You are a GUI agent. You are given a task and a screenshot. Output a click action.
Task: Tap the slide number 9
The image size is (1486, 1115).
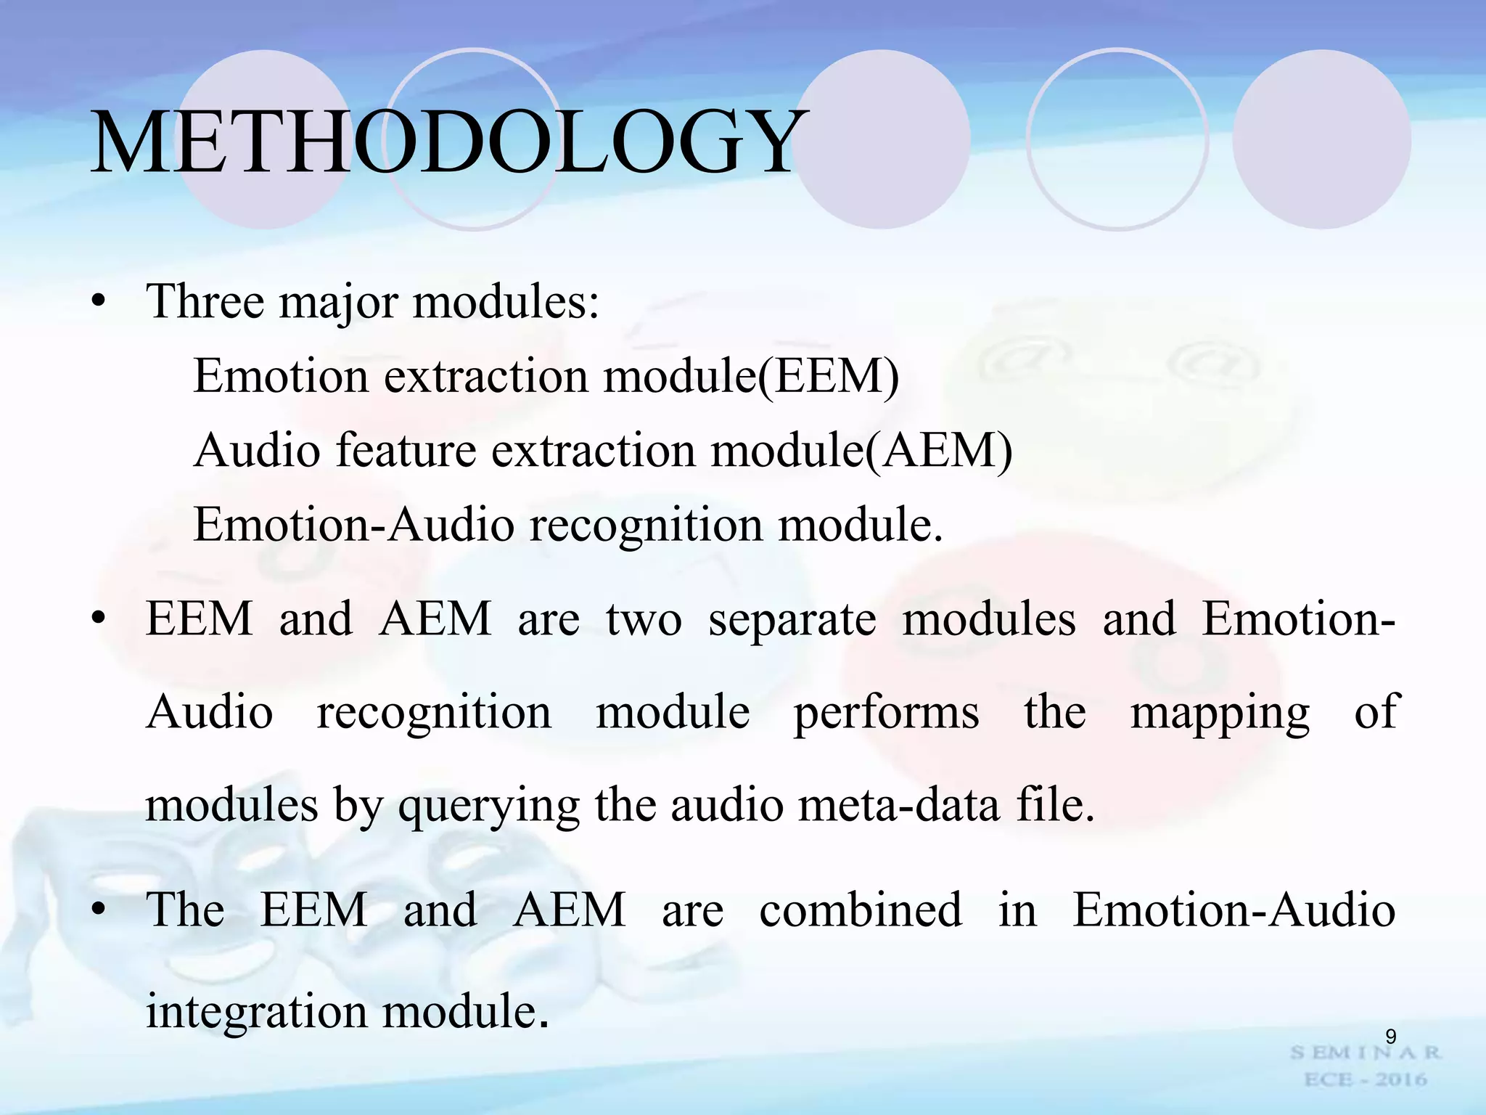point(1390,1037)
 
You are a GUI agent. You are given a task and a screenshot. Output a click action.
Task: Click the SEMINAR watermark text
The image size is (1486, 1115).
point(1366,1053)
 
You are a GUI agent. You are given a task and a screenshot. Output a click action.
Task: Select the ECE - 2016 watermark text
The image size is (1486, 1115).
point(1366,1080)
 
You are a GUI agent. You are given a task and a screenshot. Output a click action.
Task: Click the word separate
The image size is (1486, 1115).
point(792,620)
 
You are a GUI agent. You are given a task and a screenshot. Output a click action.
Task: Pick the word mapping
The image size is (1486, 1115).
point(1220,713)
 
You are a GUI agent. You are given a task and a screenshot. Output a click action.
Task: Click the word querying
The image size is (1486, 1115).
point(489,806)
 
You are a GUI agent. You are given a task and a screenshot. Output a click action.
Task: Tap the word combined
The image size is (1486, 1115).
point(861,910)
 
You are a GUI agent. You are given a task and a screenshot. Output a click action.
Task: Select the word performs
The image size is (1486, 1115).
point(887,713)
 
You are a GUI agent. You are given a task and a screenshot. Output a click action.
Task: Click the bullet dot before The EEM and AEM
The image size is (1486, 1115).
point(99,910)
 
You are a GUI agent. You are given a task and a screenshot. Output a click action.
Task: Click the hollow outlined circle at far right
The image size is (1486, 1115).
point(1117,139)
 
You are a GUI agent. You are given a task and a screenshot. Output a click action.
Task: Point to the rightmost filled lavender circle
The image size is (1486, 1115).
point(1322,139)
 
